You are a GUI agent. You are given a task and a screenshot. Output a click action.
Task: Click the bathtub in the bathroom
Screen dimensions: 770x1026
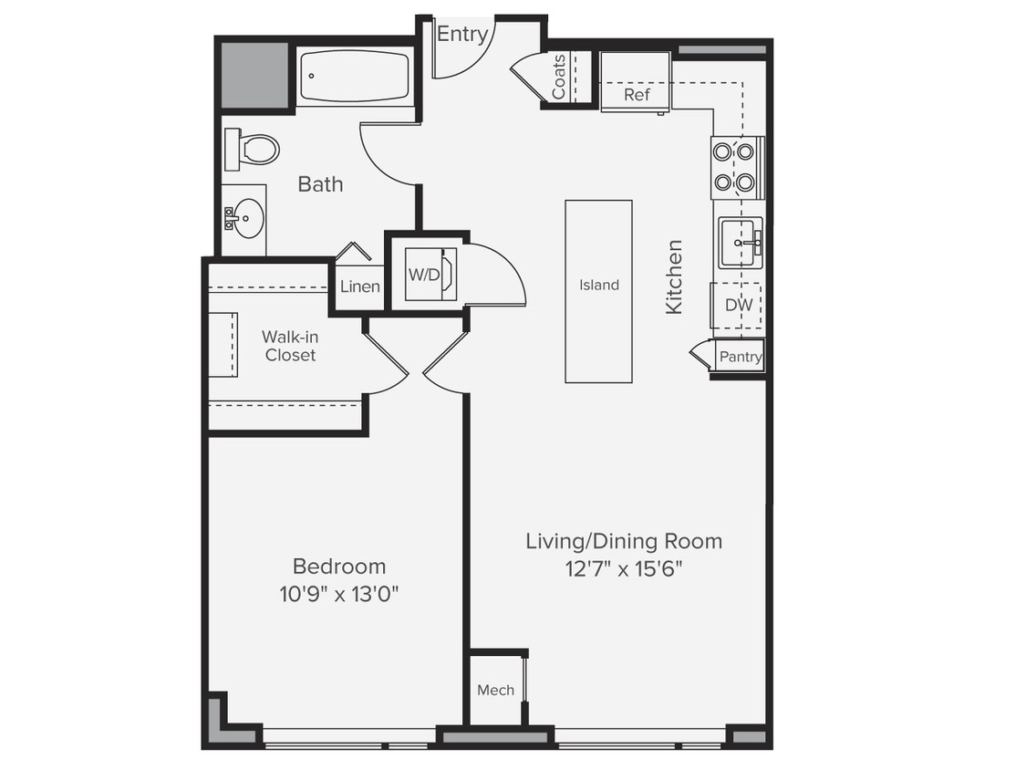point(355,77)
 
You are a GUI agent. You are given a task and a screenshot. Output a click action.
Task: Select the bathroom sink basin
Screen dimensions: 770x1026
point(244,218)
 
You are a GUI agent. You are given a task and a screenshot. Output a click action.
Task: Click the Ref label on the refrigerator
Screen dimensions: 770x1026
point(636,95)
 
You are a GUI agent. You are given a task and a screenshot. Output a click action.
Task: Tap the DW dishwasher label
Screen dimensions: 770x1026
point(738,305)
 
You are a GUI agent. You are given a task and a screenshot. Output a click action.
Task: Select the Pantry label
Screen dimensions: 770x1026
point(740,357)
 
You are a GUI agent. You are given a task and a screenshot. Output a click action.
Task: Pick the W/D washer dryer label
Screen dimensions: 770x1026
point(421,274)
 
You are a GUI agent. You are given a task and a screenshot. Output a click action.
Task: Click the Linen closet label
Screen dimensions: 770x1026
point(359,286)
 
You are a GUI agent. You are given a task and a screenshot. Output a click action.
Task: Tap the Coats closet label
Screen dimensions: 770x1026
point(559,77)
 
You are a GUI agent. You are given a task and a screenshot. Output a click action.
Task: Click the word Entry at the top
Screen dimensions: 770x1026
point(462,35)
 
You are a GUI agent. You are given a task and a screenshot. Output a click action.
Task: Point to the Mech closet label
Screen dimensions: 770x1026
point(495,690)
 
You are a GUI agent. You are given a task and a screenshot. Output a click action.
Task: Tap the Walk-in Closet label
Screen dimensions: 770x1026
point(290,346)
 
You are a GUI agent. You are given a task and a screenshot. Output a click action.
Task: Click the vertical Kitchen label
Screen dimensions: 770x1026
point(674,276)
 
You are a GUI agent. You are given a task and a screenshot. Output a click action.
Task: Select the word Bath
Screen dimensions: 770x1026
point(320,184)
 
